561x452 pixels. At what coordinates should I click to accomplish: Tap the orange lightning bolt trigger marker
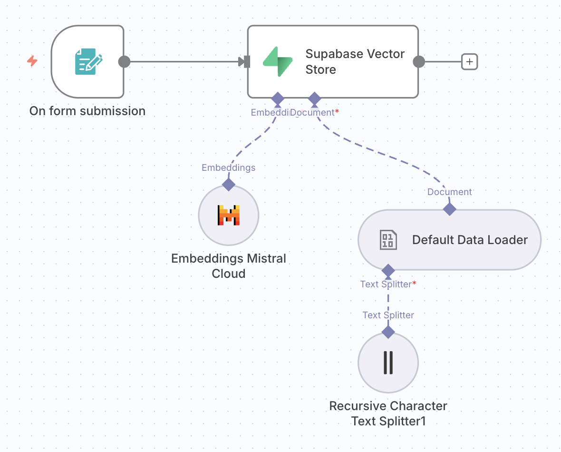(32, 61)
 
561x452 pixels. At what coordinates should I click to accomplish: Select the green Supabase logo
(278, 62)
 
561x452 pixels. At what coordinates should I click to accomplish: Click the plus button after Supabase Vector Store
(470, 62)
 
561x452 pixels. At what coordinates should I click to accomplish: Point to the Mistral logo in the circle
(229, 215)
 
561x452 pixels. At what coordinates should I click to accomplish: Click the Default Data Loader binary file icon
(388, 240)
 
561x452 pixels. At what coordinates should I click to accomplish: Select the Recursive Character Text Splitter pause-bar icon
(388, 363)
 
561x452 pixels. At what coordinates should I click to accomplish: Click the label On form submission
(87, 111)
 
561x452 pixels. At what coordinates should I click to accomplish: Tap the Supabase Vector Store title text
(355, 61)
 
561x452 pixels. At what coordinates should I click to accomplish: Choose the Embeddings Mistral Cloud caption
(229, 266)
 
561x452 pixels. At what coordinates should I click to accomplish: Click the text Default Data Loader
(470, 240)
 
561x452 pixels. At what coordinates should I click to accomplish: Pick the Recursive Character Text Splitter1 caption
(388, 413)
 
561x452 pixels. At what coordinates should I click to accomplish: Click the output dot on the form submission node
(124, 62)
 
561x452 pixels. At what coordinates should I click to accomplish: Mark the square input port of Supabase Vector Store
(246, 62)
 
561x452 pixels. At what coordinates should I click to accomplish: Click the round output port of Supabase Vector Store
(419, 62)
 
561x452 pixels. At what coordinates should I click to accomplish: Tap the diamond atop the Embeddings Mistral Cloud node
(229, 184)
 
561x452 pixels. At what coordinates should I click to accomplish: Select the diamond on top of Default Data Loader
(449, 209)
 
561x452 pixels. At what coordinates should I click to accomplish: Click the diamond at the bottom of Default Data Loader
(388, 271)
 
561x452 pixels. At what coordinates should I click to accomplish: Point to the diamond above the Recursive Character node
(388, 332)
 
